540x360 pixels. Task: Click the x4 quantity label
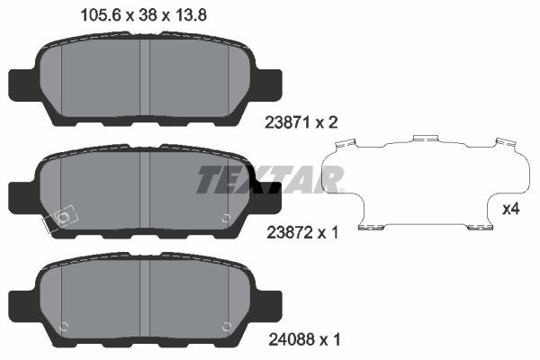511,210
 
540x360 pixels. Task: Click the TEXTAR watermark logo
269,179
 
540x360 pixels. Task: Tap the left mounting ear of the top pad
21,84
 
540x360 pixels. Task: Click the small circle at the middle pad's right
226,217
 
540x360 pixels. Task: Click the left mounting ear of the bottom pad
21,301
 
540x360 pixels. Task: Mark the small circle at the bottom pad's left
63,326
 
